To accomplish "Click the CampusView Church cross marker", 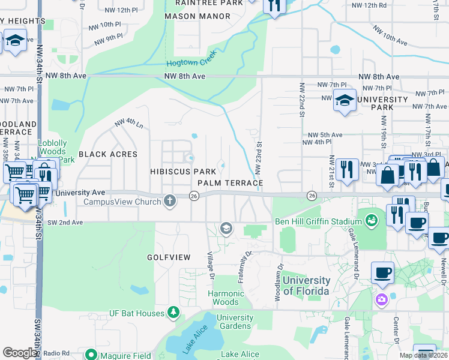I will click(170, 202).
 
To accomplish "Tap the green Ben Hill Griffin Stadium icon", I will click(372, 220).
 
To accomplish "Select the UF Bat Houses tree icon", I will click(173, 313).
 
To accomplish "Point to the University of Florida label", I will click(306, 286).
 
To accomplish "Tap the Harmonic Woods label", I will click(226, 298).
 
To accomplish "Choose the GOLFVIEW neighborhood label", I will click(169, 257).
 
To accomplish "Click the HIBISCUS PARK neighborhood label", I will click(182, 172).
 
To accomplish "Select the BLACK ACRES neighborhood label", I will click(108, 154).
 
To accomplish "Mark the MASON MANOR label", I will click(188, 16).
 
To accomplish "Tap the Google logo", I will click(20, 353).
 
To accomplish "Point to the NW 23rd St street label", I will click(259, 158).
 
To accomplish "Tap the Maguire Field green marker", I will click(91, 355).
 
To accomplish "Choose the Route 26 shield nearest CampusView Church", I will click(194, 196).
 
